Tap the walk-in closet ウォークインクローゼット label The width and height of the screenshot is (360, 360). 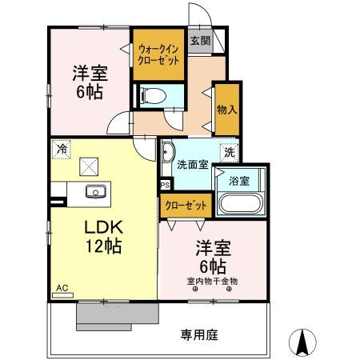point(158,54)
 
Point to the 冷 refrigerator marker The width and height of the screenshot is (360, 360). point(61,148)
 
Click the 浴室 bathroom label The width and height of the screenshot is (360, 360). point(240,180)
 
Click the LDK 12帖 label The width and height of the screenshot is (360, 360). point(103,236)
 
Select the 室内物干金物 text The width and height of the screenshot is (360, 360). point(212,281)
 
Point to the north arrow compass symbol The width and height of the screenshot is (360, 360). point(303,343)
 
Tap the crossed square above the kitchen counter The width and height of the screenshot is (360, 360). point(87,166)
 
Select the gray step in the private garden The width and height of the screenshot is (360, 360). point(104,315)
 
